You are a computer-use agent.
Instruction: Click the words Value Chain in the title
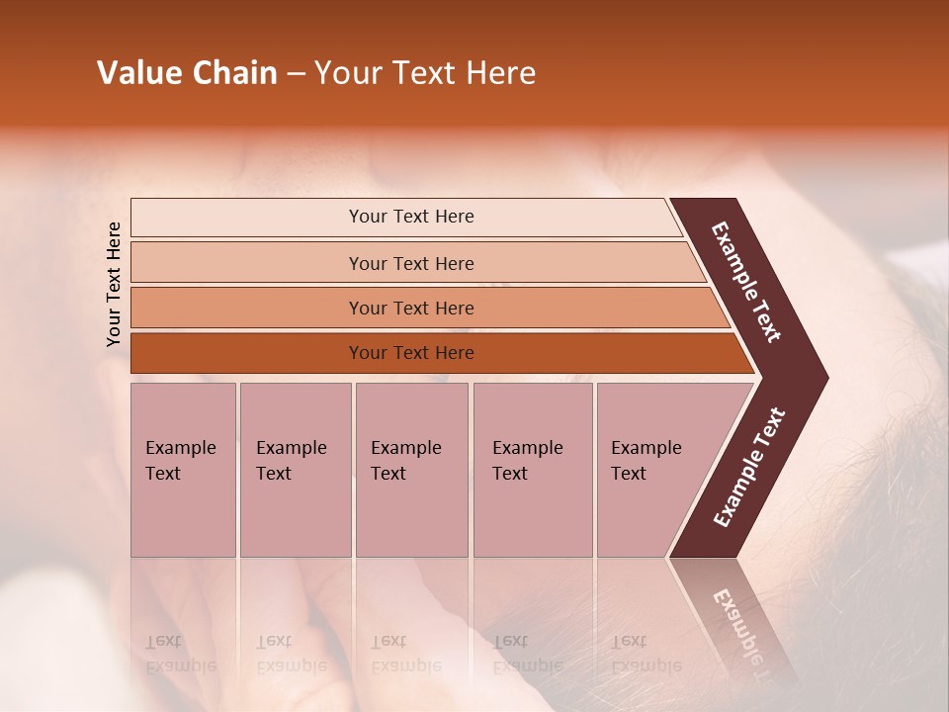point(187,73)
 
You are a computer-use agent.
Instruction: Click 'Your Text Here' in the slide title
point(425,73)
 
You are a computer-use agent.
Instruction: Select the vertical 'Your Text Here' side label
point(114,284)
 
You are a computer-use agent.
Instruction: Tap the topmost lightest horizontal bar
point(247,218)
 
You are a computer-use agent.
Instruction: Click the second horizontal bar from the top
point(247,263)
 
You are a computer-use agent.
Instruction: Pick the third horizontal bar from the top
point(247,308)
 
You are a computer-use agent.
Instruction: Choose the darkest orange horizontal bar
point(247,353)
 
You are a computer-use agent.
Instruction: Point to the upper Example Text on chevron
point(746,282)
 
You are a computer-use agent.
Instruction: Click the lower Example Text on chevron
point(748,468)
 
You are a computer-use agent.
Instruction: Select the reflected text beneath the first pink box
point(180,654)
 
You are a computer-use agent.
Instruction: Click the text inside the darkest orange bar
point(411,353)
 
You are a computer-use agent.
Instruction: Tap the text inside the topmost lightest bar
point(411,217)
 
